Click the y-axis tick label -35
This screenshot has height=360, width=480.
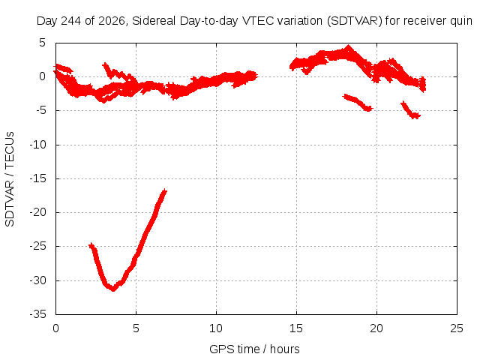(x=38, y=314)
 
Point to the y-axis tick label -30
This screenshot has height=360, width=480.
(x=38, y=280)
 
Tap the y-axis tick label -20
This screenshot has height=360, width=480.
(x=38, y=212)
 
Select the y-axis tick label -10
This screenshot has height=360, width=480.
(x=38, y=145)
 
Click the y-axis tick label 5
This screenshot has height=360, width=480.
(x=42, y=43)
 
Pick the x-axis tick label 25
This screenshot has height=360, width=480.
(x=457, y=328)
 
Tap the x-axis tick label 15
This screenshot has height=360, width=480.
(x=296, y=328)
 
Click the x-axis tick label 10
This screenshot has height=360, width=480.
(x=216, y=328)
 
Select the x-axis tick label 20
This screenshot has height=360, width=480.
(x=376, y=328)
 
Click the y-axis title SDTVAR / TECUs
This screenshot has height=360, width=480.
(x=10, y=179)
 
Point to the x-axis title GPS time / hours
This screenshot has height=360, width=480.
(x=254, y=349)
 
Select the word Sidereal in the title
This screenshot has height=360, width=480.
(x=154, y=21)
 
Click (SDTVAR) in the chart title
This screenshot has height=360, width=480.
(x=354, y=21)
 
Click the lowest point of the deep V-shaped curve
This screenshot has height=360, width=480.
(x=113, y=289)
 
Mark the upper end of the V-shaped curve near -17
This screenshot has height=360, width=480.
(x=165, y=190)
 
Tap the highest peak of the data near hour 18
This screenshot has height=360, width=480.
(x=348, y=46)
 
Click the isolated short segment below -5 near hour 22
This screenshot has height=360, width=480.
(x=410, y=110)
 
